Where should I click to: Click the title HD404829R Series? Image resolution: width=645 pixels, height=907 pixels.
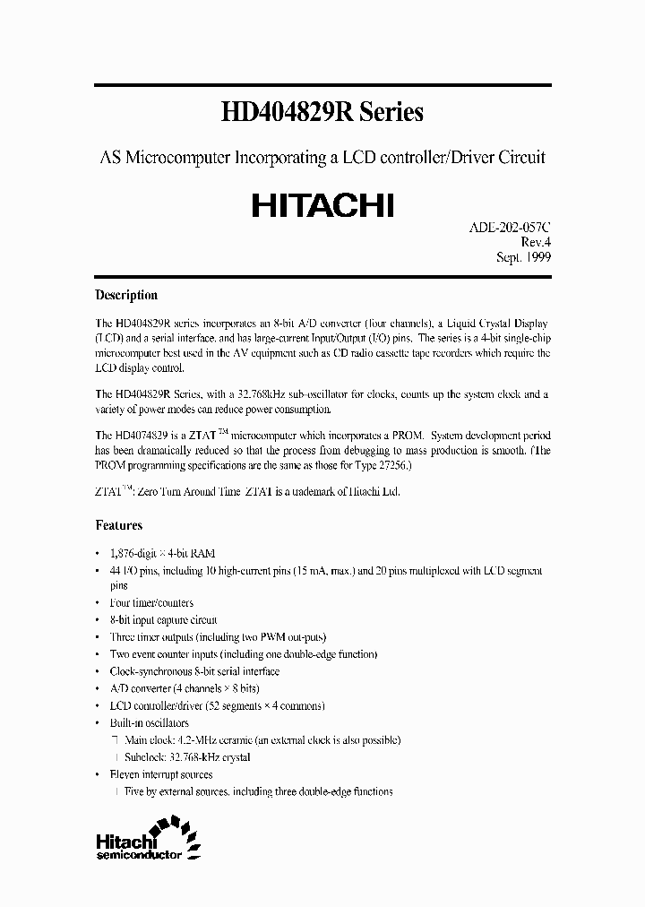point(322,113)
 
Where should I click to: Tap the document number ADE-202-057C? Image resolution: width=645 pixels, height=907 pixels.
point(510,228)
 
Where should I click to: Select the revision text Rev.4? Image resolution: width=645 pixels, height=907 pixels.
point(535,242)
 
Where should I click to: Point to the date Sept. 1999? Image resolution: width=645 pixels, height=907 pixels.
point(523,256)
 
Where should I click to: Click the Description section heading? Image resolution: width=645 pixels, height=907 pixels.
point(126,295)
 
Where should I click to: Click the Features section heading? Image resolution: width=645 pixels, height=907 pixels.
point(118,525)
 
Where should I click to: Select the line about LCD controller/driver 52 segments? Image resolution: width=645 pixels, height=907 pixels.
point(217,705)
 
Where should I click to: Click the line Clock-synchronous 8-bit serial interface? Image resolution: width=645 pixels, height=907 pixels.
point(194,671)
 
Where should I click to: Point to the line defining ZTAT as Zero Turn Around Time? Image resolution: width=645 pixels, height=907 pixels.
point(247,492)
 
